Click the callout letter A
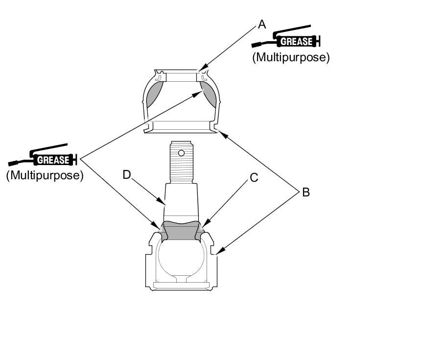pos(262,24)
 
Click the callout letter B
pos(306,192)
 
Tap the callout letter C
pos(254,178)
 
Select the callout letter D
pos(126,175)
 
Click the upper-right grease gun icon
pos(286,37)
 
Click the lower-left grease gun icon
pos(43,155)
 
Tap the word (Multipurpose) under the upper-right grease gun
pos(291,57)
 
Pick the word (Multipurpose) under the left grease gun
pos(45,175)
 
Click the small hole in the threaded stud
pos(181,153)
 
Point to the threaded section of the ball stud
pos(182,162)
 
